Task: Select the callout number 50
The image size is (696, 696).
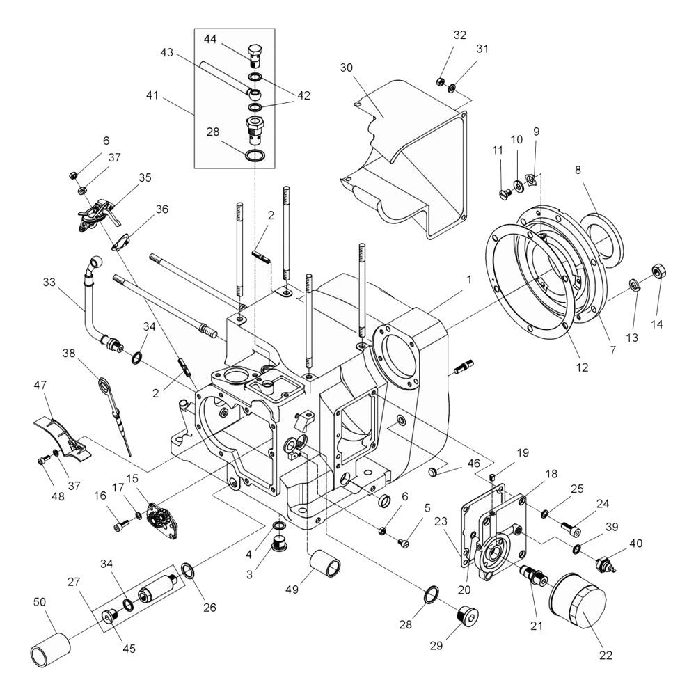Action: click(x=40, y=602)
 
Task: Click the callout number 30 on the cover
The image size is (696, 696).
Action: click(x=346, y=68)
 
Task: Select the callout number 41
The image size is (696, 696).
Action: click(x=152, y=95)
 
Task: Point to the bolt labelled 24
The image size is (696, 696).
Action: click(x=571, y=528)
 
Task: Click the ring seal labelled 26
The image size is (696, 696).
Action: click(x=187, y=571)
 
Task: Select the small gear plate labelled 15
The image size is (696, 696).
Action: click(x=162, y=520)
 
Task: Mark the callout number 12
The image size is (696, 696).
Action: click(x=581, y=367)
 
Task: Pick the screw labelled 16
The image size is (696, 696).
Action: click(x=122, y=525)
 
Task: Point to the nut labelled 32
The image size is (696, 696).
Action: click(x=441, y=81)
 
